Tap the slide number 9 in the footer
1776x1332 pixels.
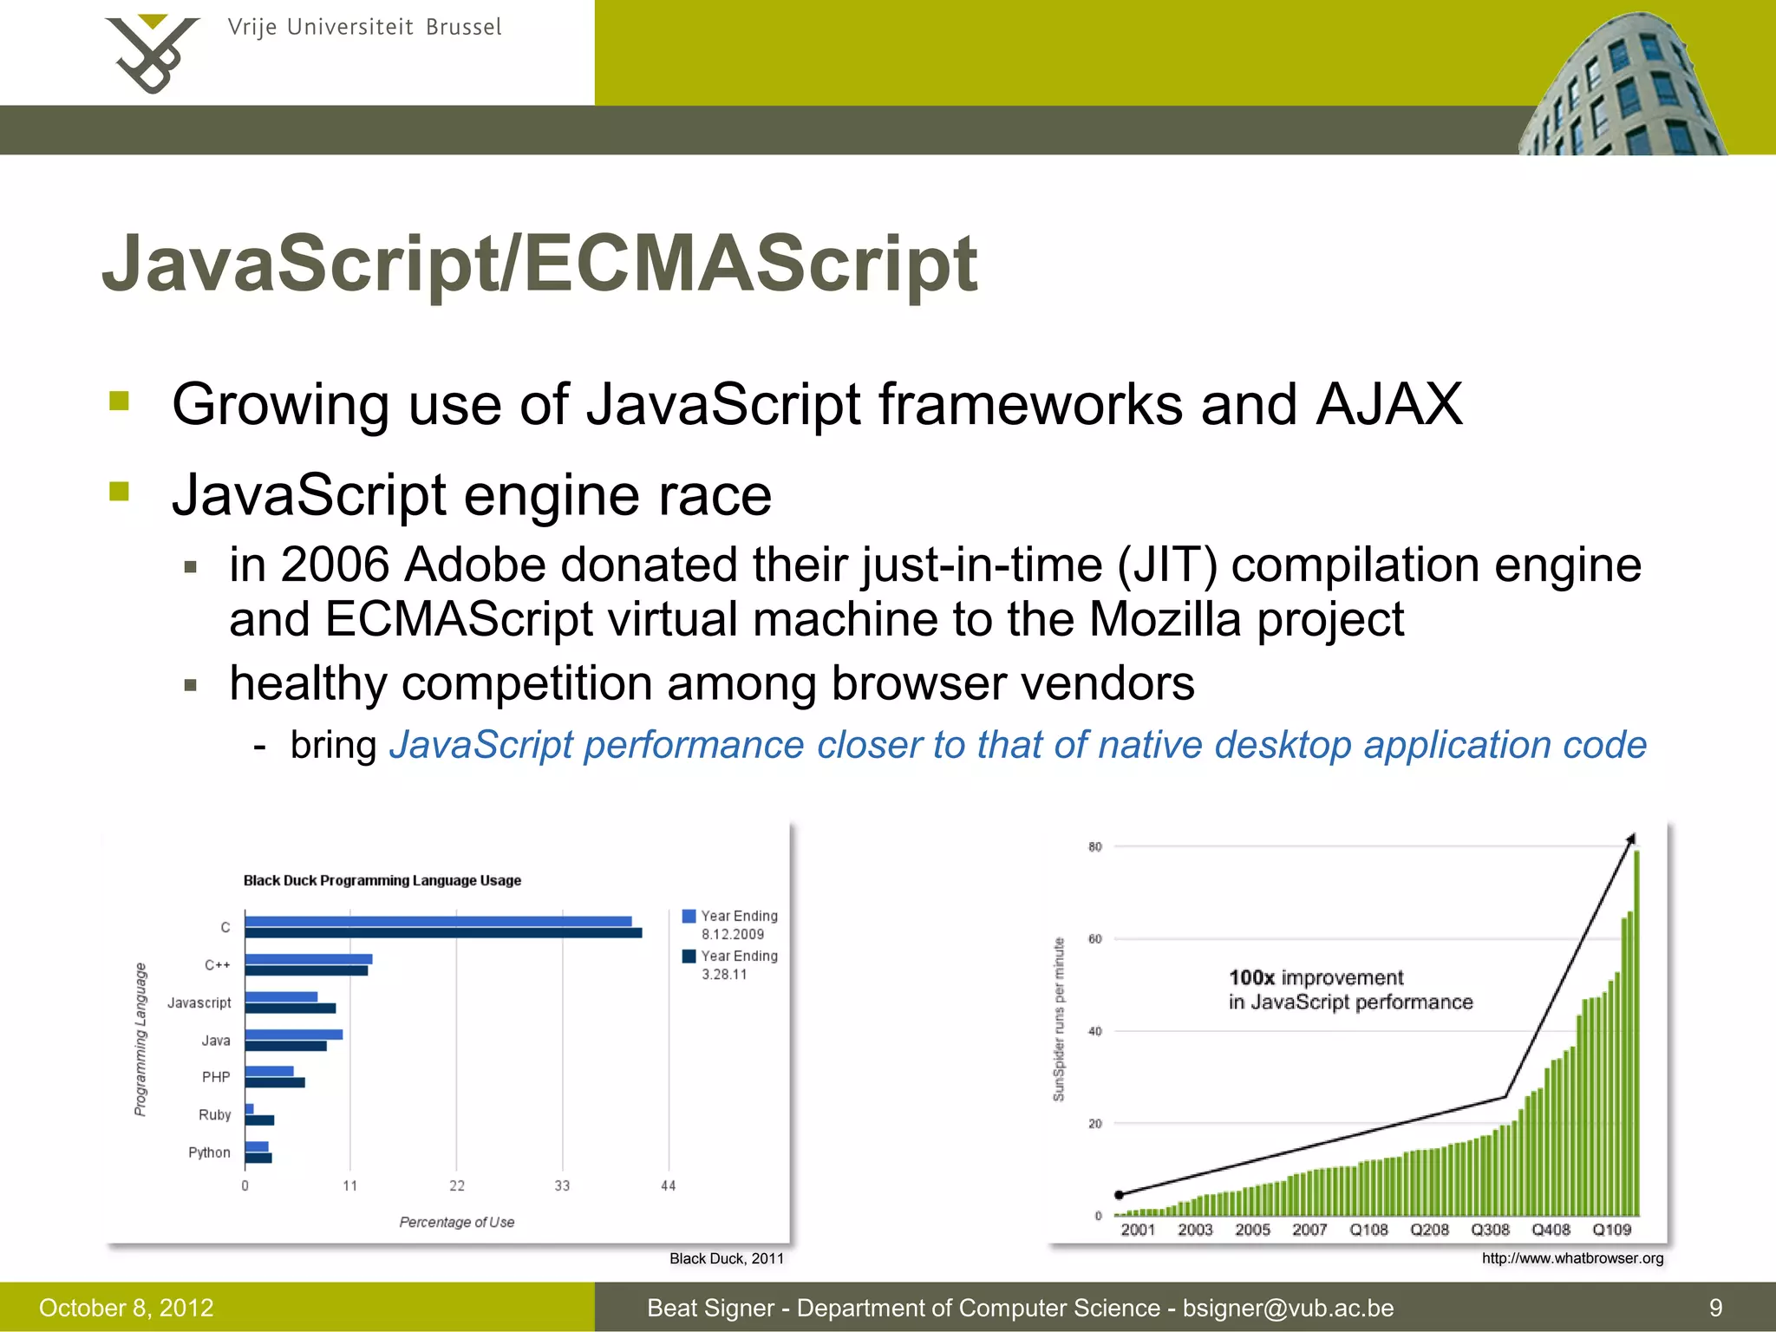tap(1715, 1308)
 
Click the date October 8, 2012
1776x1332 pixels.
tap(127, 1308)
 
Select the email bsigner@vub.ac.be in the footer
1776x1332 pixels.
tap(1288, 1308)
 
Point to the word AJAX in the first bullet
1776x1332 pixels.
tap(1388, 404)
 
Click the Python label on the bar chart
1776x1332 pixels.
tap(209, 1152)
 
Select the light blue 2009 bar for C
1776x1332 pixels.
tap(438, 921)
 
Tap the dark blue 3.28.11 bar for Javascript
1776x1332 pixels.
tap(290, 1009)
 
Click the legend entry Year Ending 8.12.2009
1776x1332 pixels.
tap(730, 924)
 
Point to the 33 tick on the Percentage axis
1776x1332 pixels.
tap(562, 1185)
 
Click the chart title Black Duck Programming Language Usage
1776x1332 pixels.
tap(382, 880)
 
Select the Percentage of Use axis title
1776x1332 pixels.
tap(457, 1222)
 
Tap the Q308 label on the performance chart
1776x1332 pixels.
tap(1490, 1230)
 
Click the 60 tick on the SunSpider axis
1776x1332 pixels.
tap(1095, 938)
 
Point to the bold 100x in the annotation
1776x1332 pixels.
tap(1251, 977)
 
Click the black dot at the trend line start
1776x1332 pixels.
tap(1120, 1195)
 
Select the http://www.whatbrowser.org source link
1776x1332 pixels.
tap(1572, 1258)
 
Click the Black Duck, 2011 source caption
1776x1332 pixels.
tap(726, 1258)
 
